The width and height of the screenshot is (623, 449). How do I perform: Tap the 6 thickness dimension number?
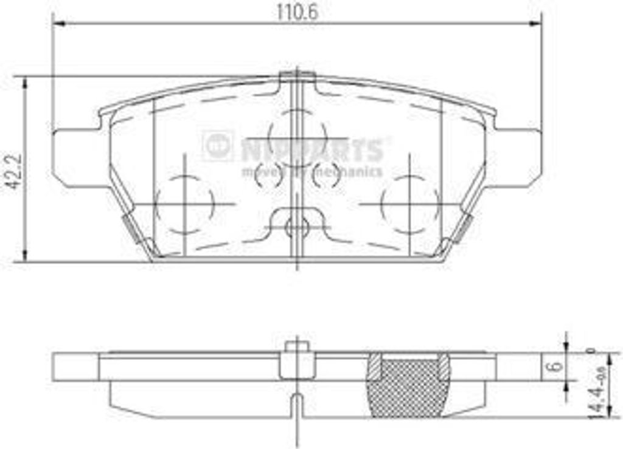pyautogui.click(x=554, y=366)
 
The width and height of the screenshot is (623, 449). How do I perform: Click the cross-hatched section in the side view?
pyautogui.click(x=409, y=385)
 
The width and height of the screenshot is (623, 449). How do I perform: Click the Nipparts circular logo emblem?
pyautogui.click(x=217, y=145)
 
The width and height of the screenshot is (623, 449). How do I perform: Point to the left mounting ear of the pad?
pyautogui.click(x=76, y=157)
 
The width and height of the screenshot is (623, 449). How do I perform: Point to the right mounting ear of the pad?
pyautogui.click(x=517, y=157)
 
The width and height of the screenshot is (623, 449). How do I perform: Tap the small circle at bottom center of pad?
pyautogui.click(x=297, y=228)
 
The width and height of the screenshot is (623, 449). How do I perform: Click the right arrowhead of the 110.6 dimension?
pyautogui.click(x=535, y=24)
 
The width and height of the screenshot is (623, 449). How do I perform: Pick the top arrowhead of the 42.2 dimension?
pyautogui.click(x=25, y=83)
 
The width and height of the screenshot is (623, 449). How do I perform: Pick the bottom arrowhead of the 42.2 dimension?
pyautogui.click(x=25, y=256)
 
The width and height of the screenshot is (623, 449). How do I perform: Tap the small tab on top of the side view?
pyautogui.click(x=297, y=348)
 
